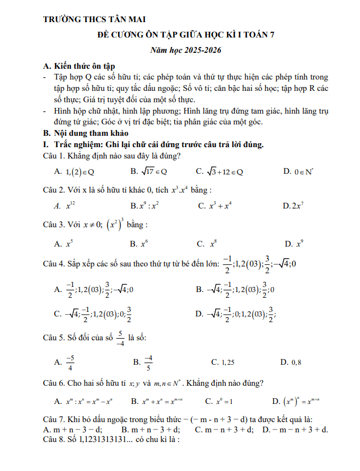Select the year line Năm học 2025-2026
[185, 51]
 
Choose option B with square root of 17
[149, 171]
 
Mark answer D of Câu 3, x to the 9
[295, 244]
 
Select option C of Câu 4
[93, 313]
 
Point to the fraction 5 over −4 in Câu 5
[120, 337]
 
